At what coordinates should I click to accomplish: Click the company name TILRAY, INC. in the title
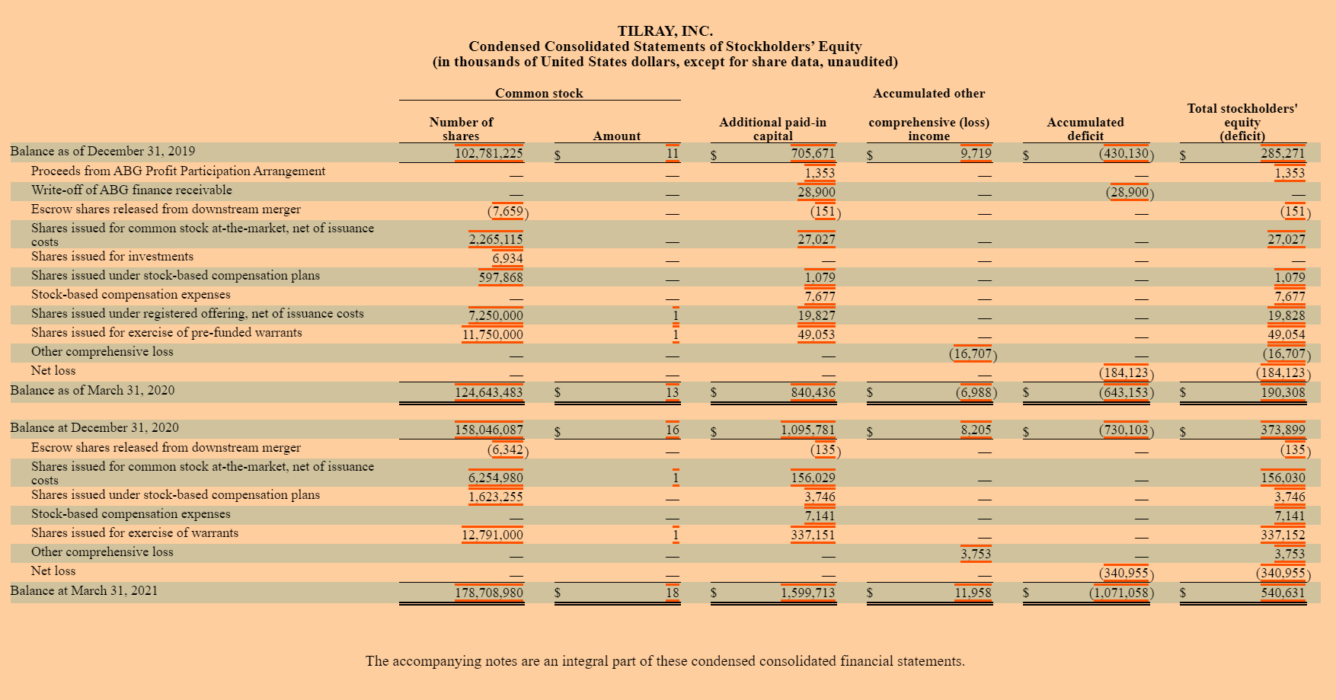click(x=665, y=31)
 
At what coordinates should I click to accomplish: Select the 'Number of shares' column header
click(x=461, y=129)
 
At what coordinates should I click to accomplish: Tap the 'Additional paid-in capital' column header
click(x=772, y=129)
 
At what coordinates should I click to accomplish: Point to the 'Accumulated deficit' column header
click(x=1085, y=129)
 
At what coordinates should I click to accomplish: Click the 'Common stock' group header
click(x=539, y=93)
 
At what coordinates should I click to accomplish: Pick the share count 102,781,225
click(x=489, y=153)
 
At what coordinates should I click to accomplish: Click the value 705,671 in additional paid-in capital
click(x=813, y=153)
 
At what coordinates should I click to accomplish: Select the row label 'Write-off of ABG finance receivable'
click(x=132, y=190)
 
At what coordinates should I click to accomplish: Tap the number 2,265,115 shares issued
click(x=496, y=239)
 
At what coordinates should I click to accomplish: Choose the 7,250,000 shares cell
click(x=496, y=315)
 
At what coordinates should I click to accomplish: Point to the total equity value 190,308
click(x=1283, y=392)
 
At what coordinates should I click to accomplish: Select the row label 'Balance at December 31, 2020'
click(x=94, y=427)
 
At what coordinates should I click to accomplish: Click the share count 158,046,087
click(x=489, y=430)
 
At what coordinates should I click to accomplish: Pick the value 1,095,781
click(x=808, y=430)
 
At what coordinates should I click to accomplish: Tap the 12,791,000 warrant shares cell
click(x=493, y=535)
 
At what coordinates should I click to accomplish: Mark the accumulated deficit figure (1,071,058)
click(x=1121, y=593)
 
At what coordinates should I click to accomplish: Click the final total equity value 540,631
click(x=1283, y=593)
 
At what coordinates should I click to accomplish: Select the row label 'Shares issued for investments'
click(x=113, y=256)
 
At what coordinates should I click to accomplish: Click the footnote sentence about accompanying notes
click(x=665, y=661)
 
